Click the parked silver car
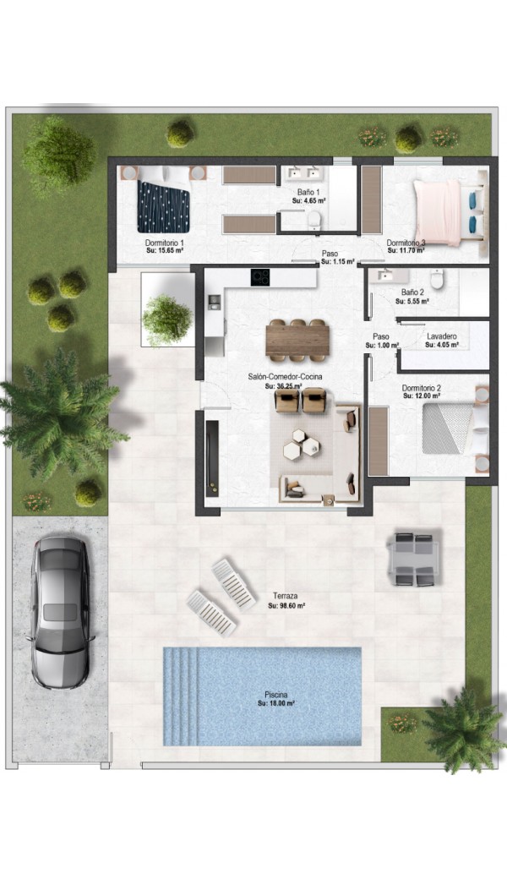[60, 612]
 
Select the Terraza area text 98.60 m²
[286, 605]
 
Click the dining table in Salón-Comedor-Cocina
[297, 341]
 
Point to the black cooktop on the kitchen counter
[260, 277]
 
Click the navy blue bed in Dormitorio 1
[163, 205]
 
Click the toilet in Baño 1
[314, 221]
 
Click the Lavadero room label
[441, 336]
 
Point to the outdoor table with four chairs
[415, 559]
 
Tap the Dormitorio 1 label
[165, 243]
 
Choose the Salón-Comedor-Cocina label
[285, 377]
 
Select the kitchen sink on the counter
[214, 303]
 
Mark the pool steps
[181, 696]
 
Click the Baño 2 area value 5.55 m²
[412, 301]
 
